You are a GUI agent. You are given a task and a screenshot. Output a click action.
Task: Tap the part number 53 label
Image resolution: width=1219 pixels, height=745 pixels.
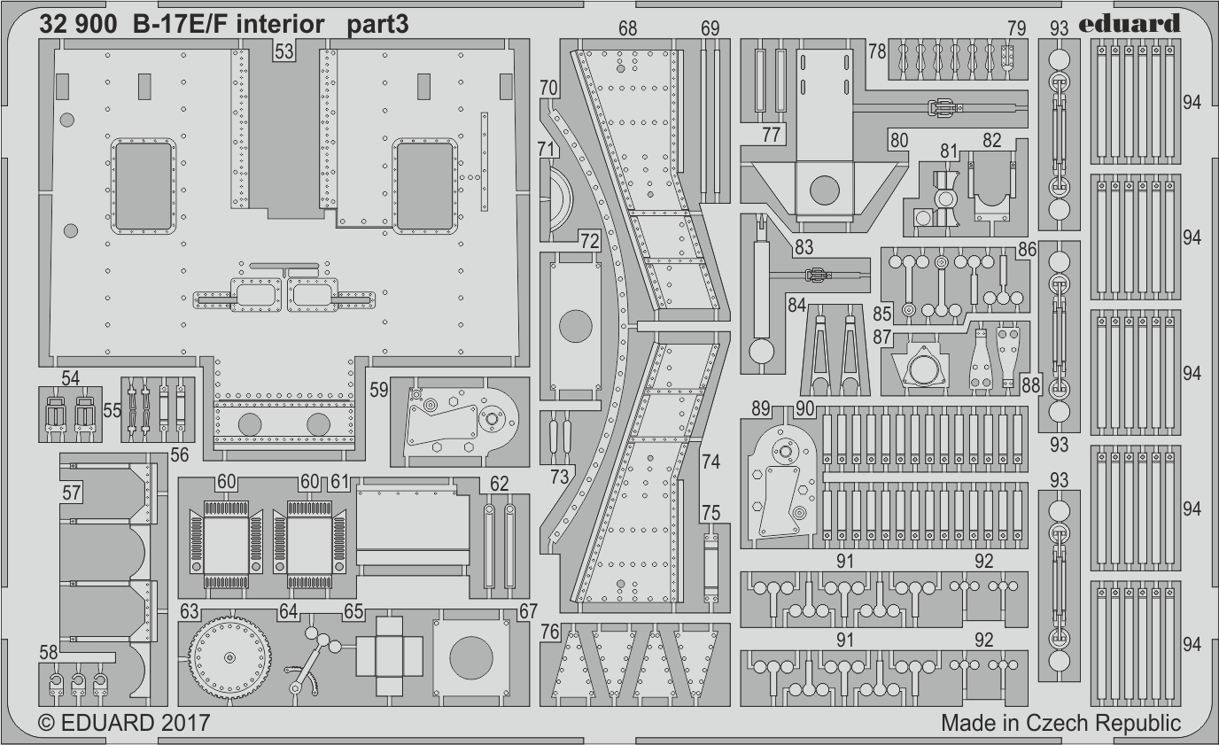point(283,52)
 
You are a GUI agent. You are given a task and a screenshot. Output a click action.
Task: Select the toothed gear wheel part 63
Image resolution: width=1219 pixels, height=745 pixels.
point(229,656)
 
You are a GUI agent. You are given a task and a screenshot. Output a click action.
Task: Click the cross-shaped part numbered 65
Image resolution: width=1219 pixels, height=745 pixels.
point(387,656)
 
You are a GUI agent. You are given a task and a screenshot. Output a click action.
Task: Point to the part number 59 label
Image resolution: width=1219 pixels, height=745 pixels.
point(378,389)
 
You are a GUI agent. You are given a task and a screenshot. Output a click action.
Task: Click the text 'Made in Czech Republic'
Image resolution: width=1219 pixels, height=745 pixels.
point(1060,723)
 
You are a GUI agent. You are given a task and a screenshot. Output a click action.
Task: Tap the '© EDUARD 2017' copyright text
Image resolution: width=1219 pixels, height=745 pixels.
point(124,723)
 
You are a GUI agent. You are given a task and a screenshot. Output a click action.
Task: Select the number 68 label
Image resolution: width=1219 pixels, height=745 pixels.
point(627,28)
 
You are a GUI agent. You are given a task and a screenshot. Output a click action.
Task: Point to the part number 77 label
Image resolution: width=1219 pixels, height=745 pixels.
point(772,135)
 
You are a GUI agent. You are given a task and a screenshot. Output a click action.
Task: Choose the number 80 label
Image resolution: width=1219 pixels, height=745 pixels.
point(899,139)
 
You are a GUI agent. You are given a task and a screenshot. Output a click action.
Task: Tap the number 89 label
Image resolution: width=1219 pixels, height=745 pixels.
point(760,408)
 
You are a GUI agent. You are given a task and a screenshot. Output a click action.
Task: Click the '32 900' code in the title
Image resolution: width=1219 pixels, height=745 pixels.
point(77,25)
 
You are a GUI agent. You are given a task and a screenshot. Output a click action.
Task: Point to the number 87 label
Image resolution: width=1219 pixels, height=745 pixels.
point(881,338)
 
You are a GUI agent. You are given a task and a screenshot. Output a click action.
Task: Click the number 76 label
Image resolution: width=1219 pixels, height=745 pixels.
point(550,632)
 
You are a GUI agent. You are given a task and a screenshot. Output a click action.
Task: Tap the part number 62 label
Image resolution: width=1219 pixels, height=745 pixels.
point(499,484)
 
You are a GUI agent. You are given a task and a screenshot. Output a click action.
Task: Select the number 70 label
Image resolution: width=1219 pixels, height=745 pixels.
point(548,88)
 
